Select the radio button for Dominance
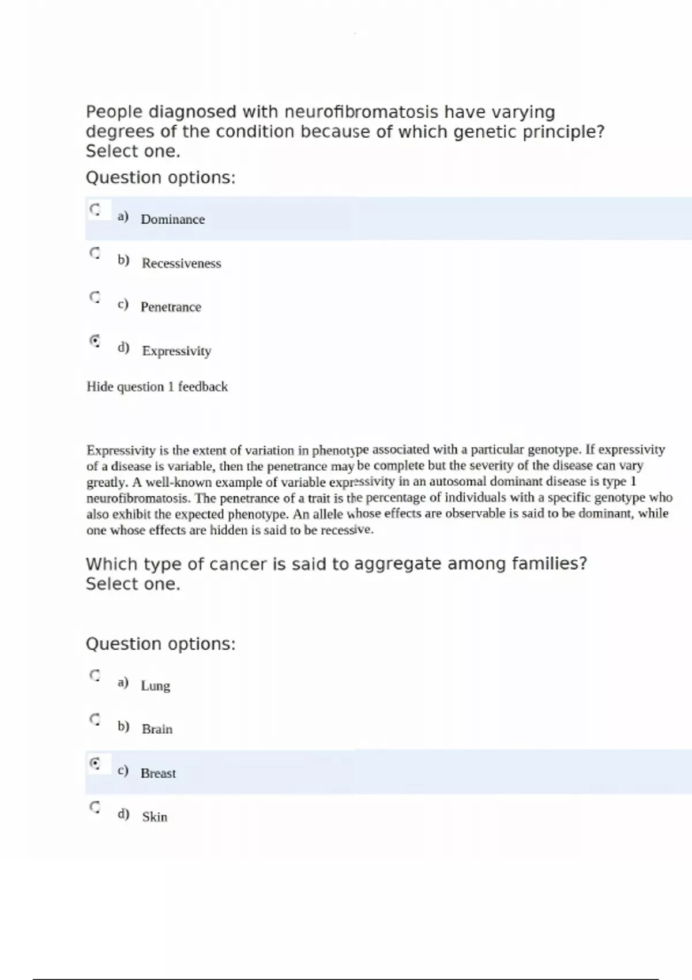coord(95,209)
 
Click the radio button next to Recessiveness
coord(95,252)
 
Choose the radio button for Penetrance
coord(95,297)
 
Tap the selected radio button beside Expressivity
coord(95,341)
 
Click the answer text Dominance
coord(172,220)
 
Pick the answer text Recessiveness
coord(181,263)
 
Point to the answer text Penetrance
coord(171,307)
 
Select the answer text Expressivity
coord(176,351)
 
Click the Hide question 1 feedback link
coord(157,387)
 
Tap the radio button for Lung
coord(95,675)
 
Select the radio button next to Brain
coord(95,719)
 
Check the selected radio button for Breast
coord(95,763)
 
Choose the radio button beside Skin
coord(95,807)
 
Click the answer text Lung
coord(155,686)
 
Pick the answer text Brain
coord(157,730)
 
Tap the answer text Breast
coord(158,774)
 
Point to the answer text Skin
coord(155,817)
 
